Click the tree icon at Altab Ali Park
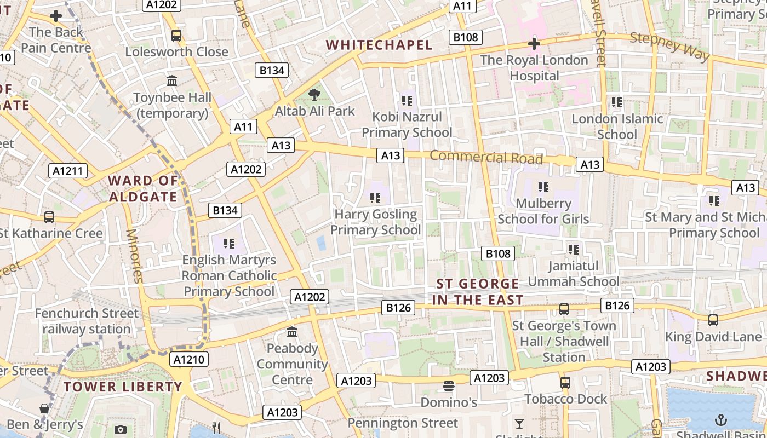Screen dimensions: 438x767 314,95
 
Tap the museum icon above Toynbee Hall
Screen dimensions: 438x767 173,81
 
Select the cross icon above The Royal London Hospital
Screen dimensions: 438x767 534,44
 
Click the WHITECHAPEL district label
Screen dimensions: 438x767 379,45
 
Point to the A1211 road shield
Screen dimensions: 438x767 68,171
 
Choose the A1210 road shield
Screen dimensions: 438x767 189,359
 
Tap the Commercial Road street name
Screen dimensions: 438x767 486,157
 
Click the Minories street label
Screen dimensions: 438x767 135,256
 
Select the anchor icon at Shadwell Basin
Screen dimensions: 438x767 721,420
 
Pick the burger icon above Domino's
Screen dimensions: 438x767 449,386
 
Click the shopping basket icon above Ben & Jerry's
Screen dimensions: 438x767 44,408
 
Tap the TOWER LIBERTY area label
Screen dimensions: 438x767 122,387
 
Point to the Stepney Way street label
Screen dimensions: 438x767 669,46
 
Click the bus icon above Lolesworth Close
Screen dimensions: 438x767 176,36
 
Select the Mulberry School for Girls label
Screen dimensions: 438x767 543,211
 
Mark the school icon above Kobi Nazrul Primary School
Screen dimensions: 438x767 407,100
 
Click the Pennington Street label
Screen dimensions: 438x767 403,423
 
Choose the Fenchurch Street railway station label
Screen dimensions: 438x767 87,321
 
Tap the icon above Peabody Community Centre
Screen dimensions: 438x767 292,332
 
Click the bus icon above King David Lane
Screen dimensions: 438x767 713,320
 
